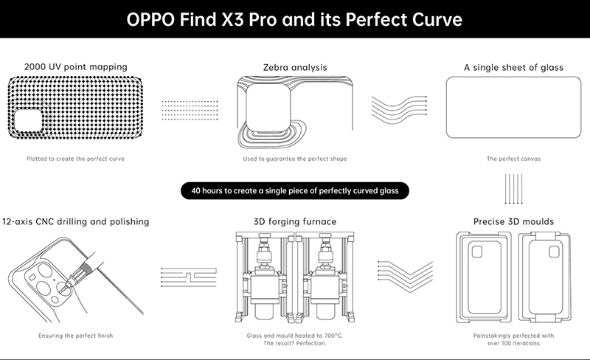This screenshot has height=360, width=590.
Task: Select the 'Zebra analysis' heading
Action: [294, 68]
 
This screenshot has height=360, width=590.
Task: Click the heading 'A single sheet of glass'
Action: [513, 68]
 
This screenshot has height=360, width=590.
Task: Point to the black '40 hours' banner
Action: [295, 191]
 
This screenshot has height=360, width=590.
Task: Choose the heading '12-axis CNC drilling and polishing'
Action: [76, 221]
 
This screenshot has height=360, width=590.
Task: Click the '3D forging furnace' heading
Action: [294, 221]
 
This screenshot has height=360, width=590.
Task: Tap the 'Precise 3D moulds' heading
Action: [513, 221]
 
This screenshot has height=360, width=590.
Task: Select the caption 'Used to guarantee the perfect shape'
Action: [294, 158]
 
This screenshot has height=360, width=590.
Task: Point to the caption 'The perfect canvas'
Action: [513, 158]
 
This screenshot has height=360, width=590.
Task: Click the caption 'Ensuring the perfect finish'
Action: [76, 336]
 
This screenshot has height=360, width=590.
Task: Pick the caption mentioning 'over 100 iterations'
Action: [513, 339]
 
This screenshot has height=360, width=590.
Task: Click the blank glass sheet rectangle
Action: [513, 111]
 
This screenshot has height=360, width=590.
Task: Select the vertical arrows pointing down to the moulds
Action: [513, 188]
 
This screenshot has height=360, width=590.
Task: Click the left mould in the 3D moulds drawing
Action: [484, 277]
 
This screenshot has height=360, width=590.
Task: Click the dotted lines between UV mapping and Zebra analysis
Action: [188, 111]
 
